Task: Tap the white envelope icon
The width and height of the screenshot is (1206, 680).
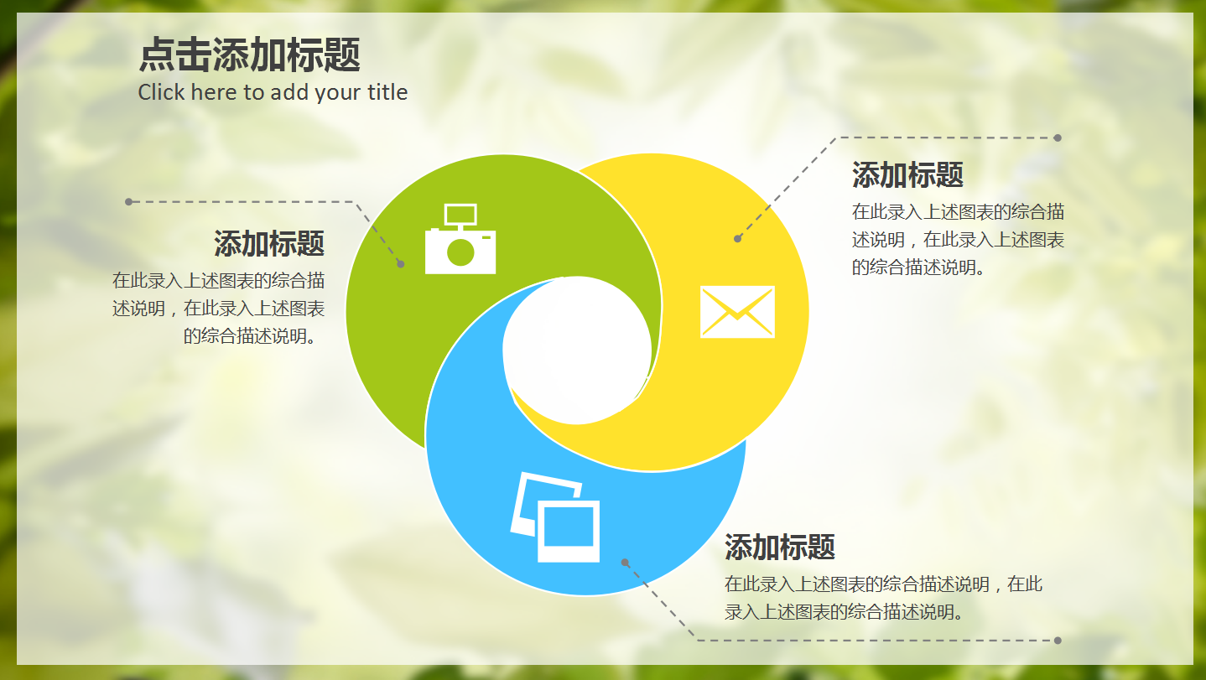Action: pyautogui.click(x=737, y=312)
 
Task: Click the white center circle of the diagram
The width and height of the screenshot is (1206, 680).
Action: pyautogui.click(x=577, y=350)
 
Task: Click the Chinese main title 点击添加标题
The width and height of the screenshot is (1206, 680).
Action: pyautogui.click(x=249, y=56)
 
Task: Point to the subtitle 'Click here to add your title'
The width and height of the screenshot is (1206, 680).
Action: pyautogui.click(x=273, y=92)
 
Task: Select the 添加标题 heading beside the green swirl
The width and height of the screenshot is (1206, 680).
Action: pyautogui.click(x=268, y=244)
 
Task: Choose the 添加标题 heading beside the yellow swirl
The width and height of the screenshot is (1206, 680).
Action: pyautogui.click(x=907, y=175)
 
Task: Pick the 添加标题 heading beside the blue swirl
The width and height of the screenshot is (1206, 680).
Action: pyautogui.click(x=780, y=548)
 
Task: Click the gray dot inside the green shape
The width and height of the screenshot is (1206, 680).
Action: pyautogui.click(x=401, y=264)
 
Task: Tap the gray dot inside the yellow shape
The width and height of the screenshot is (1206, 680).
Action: pyautogui.click(x=737, y=239)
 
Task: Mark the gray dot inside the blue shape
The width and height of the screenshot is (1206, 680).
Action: pyautogui.click(x=625, y=563)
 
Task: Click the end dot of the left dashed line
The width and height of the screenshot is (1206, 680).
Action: pyautogui.click(x=128, y=201)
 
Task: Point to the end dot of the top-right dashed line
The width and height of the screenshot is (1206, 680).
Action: pyautogui.click(x=1058, y=138)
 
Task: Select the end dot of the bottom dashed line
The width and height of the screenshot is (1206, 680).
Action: pyautogui.click(x=1058, y=641)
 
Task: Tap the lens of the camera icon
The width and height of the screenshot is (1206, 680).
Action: pyautogui.click(x=460, y=252)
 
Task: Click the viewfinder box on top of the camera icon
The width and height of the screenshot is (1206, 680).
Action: pyautogui.click(x=460, y=215)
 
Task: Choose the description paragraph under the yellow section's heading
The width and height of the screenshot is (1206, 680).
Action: pyautogui.click(x=958, y=240)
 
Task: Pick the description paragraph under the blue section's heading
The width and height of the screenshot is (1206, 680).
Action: pyautogui.click(x=883, y=598)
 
